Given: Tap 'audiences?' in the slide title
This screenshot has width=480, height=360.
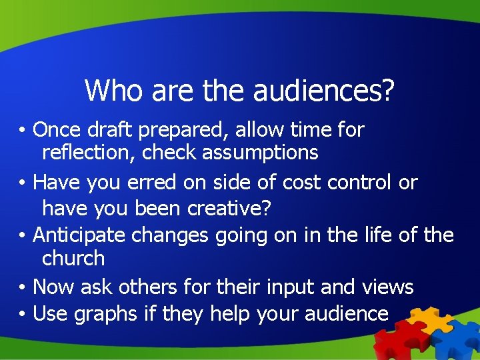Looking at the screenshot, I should pos(324,91).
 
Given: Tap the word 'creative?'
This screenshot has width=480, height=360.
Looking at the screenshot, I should pos(229,209).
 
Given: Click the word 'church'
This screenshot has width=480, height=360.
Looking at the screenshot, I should pos(73,258).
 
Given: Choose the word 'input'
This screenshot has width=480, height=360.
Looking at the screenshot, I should pos(291,287).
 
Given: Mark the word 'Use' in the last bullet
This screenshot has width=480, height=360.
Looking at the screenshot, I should pos(51,313).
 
